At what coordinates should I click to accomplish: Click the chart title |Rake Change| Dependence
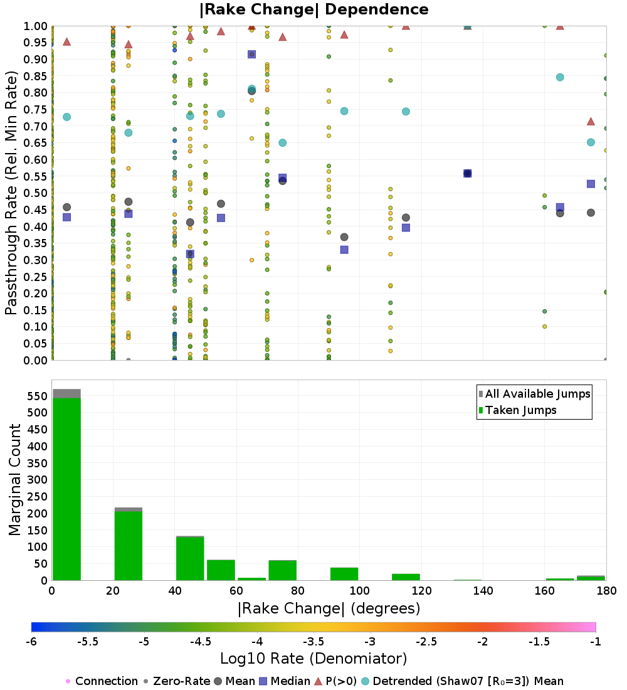(314, 9)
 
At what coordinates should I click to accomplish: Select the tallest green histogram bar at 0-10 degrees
(66, 489)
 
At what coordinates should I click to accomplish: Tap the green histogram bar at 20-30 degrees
(128, 546)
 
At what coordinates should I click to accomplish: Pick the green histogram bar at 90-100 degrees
(344, 574)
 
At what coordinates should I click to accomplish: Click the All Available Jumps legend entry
(537, 394)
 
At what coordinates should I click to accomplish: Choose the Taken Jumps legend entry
(520, 410)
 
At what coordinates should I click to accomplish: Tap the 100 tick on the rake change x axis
(359, 590)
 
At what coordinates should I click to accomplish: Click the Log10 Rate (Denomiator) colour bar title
(313, 659)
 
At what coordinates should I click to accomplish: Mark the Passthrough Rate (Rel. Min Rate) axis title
(11, 193)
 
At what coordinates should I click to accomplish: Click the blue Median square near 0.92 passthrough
(251, 55)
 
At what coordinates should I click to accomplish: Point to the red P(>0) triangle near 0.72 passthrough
(591, 121)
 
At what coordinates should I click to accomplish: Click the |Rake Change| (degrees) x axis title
(329, 608)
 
